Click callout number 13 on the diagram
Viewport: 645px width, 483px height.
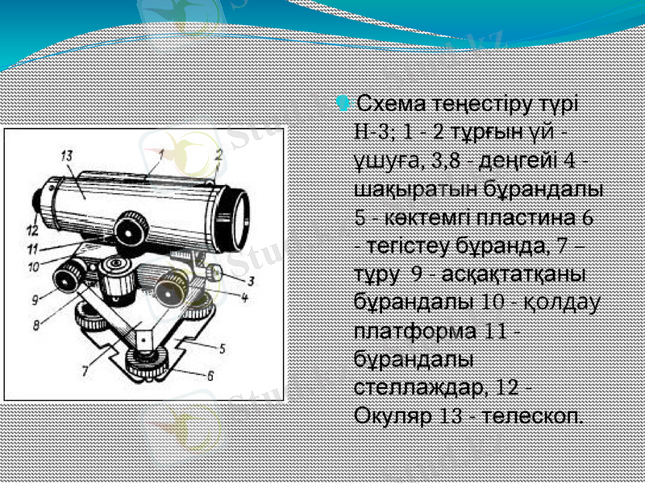[67, 154]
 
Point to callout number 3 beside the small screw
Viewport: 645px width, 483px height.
[252, 281]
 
